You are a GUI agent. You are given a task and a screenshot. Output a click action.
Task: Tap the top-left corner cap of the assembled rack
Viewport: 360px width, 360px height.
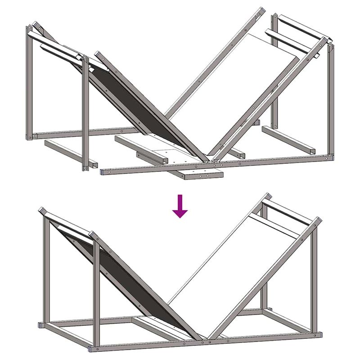pos(42,210)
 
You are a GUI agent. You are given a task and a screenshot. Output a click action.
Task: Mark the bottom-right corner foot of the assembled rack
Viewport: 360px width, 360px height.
pos(319,334)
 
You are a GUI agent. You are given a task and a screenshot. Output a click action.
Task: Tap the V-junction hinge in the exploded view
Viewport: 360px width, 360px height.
pos(210,159)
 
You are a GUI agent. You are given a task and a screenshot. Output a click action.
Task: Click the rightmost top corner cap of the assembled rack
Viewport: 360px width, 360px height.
pos(318,220)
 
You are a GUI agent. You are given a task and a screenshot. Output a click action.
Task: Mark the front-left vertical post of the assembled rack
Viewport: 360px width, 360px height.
pos(95,292)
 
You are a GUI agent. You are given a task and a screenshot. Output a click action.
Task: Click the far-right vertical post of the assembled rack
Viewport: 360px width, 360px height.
pos(315,279)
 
